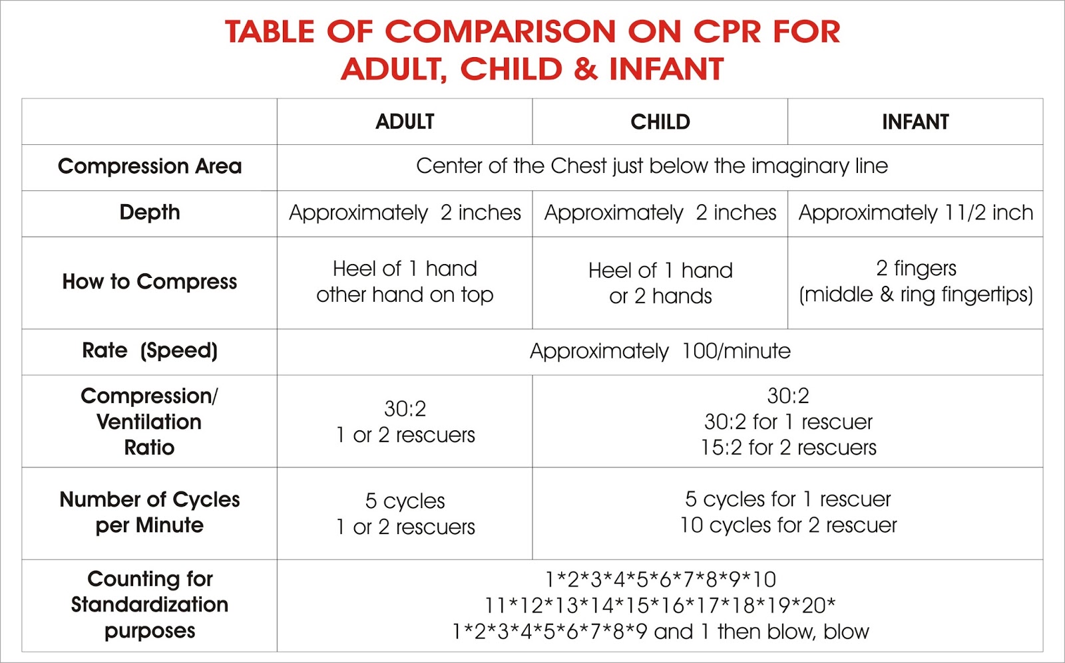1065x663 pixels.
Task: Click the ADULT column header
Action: pyautogui.click(x=405, y=122)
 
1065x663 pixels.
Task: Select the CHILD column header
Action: pyautogui.click(x=660, y=122)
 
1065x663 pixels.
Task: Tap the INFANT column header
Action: pyautogui.click(x=915, y=122)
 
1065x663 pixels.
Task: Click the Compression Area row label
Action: pyautogui.click(x=150, y=166)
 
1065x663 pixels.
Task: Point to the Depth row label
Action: pyautogui.click(x=150, y=212)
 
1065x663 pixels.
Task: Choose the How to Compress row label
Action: pyautogui.click(x=150, y=282)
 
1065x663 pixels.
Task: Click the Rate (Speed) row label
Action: pyautogui.click(x=150, y=350)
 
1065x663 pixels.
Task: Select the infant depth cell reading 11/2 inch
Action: pyautogui.click(x=915, y=213)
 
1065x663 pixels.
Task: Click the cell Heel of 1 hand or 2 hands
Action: pyautogui.click(x=660, y=283)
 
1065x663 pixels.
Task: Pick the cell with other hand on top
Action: pyautogui.click(x=405, y=295)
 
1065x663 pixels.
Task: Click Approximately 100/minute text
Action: pyautogui.click(x=660, y=351)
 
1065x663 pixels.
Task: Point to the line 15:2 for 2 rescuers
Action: pyautogui.click(x=788, y=448)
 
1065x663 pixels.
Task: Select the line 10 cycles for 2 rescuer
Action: pyautogui.click(x=788, y=525)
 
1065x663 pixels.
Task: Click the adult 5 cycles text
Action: pyautogui.click(x=405, y=501)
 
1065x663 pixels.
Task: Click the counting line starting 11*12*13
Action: pyautogui.click(x=660, y=605)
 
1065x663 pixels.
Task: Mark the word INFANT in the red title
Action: pyautogui.click(x=666, y=69)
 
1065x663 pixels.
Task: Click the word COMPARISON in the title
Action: pyautogui.click(x=501, y=31)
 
